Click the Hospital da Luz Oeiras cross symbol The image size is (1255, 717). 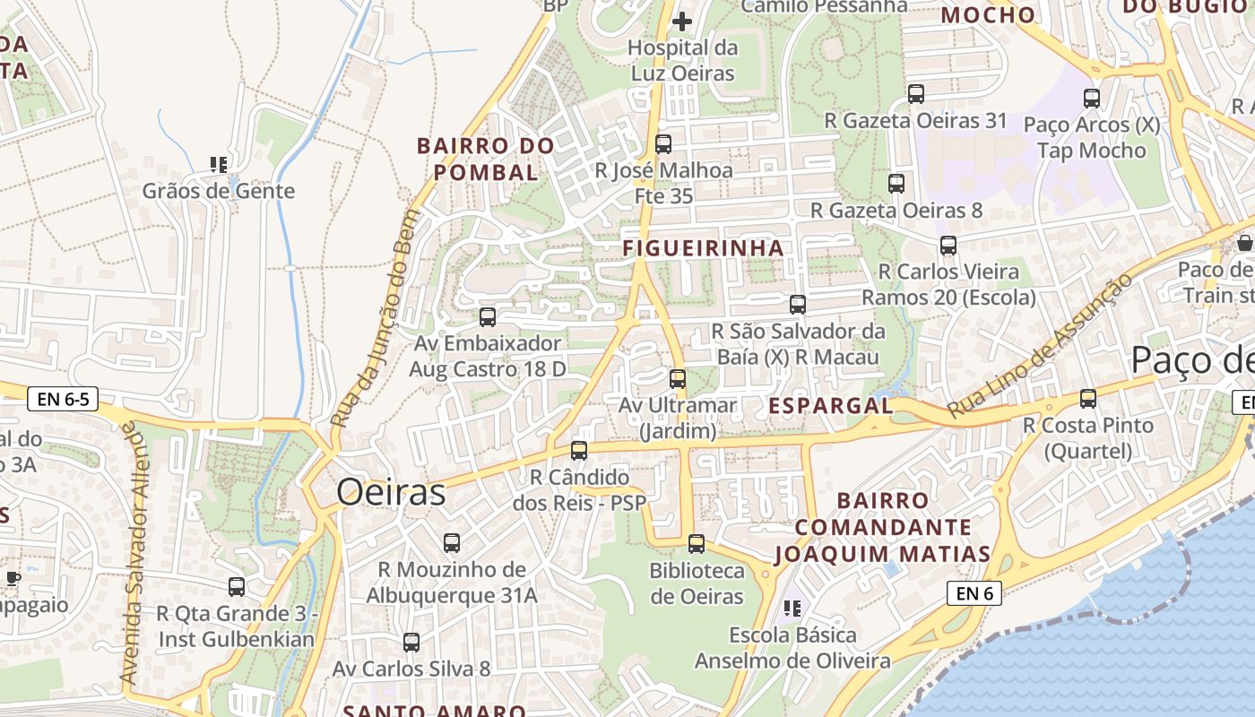682,21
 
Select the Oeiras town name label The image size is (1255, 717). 391,493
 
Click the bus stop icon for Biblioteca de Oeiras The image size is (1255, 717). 697,543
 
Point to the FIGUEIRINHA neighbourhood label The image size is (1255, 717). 704,248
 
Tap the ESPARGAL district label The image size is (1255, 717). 830,406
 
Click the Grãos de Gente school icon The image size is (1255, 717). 218,164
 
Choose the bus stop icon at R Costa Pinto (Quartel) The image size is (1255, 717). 1088,399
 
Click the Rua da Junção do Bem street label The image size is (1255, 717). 374,318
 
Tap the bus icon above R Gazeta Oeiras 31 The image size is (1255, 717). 916,94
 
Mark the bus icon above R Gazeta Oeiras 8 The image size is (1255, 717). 896,184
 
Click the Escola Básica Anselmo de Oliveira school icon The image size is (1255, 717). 792,609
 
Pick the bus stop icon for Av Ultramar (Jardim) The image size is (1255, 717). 678,378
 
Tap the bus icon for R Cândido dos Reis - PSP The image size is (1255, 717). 579,450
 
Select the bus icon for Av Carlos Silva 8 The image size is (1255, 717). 411,642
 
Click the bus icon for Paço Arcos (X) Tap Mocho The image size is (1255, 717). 1092,99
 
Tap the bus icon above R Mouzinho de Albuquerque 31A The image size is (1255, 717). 452,542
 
